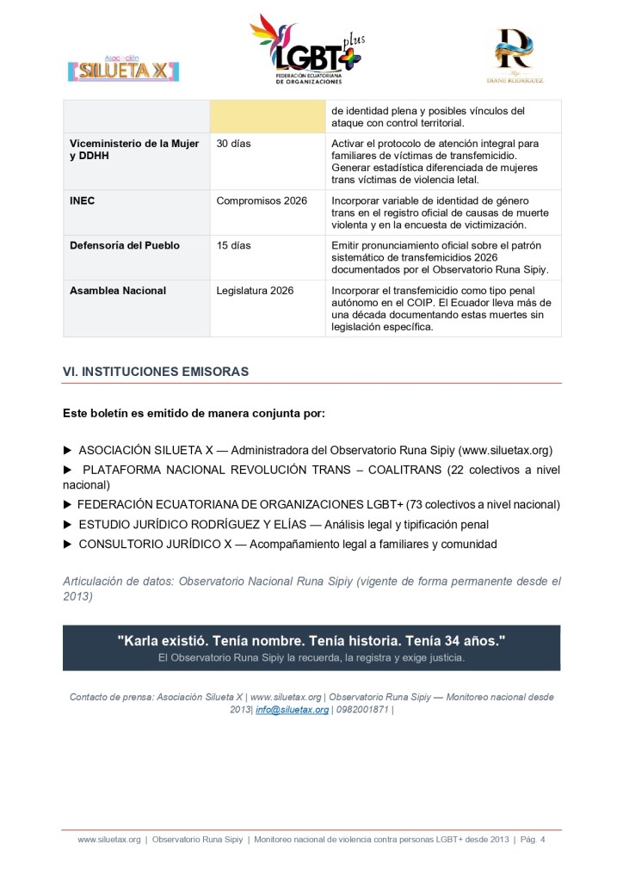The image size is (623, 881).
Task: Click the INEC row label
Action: click(83, 200)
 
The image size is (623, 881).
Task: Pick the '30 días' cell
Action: click(233, 144)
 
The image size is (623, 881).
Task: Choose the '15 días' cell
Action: click(233, 245)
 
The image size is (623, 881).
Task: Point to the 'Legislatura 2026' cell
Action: click(255, 291)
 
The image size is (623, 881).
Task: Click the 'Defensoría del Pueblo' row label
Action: click(125, 245)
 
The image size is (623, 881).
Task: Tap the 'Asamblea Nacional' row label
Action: click(118, 291)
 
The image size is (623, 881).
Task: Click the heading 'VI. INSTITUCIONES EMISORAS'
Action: click(156, 372)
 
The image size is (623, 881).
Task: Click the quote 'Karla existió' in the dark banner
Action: click(311, 641)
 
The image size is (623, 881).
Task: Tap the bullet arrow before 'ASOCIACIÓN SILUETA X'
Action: click(68, 450)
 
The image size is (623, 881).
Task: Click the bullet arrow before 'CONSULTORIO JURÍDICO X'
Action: click(68, 545)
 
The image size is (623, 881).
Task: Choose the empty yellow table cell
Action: click(267, 116)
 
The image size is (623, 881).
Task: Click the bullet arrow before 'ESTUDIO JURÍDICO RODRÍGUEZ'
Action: click(68, 524)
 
